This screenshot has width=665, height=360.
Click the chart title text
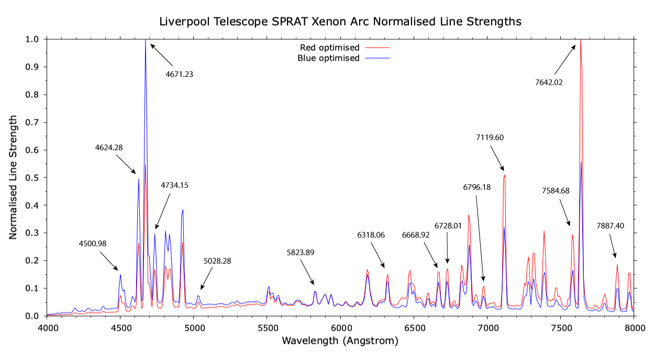340,21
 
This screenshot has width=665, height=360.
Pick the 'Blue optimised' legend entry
328,58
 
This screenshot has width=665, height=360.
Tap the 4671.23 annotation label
179,74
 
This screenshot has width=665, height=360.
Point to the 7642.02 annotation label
548,82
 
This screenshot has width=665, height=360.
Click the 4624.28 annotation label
109,148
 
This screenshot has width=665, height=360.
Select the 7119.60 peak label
490,138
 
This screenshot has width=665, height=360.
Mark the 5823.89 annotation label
300,253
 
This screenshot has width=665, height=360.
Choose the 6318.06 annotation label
371,235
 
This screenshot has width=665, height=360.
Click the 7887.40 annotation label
610,226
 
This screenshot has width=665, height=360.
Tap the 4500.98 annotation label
93,243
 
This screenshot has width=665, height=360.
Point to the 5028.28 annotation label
217,261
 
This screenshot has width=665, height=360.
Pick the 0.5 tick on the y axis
32,178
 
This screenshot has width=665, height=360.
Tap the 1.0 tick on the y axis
32,39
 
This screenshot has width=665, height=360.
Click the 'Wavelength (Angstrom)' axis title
340,341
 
